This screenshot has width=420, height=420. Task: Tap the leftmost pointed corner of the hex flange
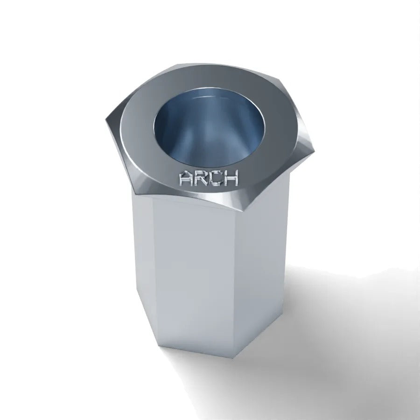point(105,120)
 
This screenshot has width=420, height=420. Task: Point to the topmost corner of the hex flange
point(179,64)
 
